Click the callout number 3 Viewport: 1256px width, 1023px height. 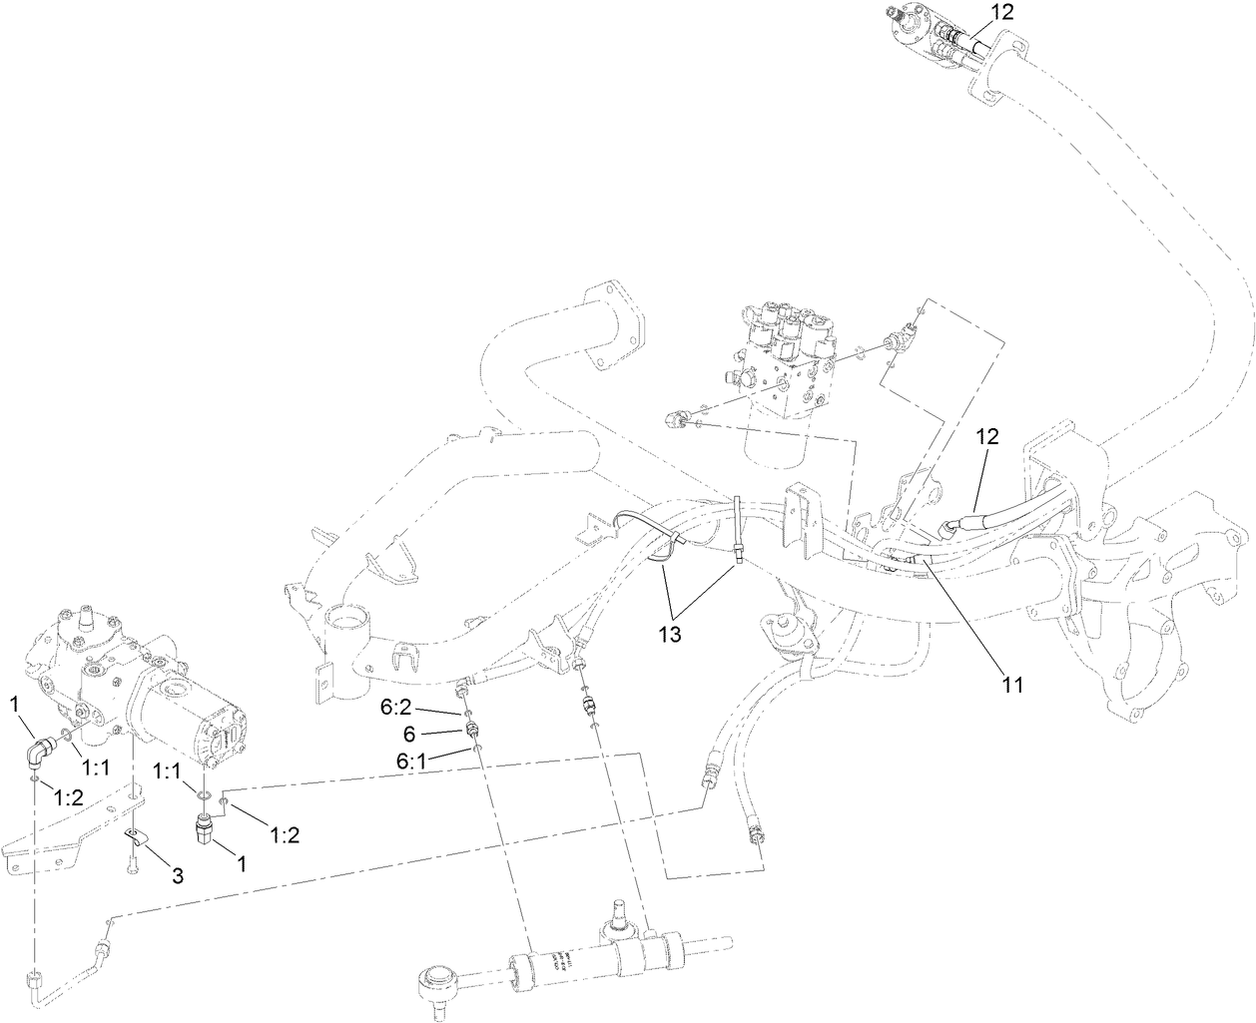click(177, 877)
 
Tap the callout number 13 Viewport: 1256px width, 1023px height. click(669, 635)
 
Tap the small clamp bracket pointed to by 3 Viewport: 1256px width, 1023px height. click(135, 834)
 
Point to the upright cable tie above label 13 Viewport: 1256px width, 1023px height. click(738, 529)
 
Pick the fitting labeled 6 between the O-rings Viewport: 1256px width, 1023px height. click(469, 734)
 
